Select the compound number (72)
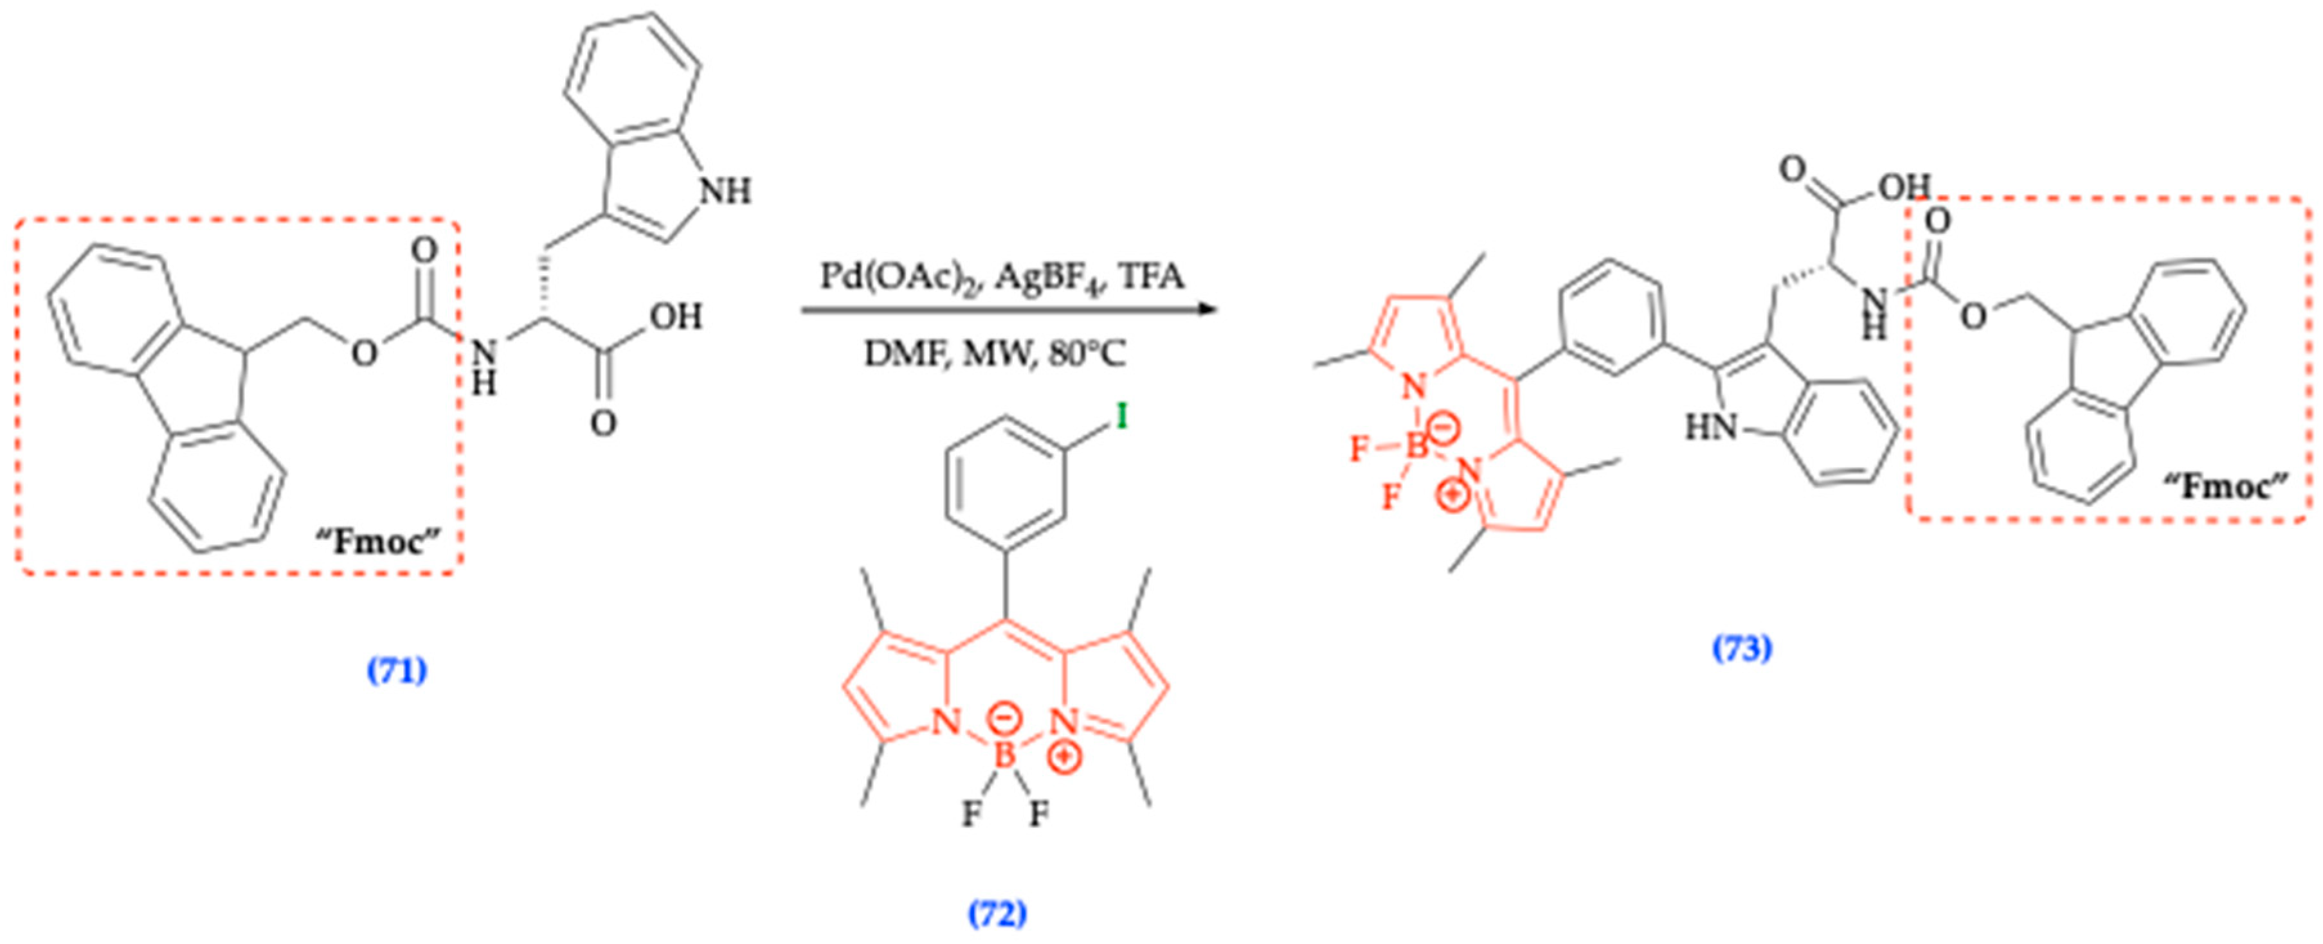[x=997, y=915]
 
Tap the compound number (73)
[x=1742, y=648]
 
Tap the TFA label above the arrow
[x=1149, y=275]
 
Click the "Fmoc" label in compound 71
[x=378, y=542]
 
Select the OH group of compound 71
[x=676, y=316]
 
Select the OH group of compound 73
[x=1903, y=186]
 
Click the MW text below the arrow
[x=995, y=353]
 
